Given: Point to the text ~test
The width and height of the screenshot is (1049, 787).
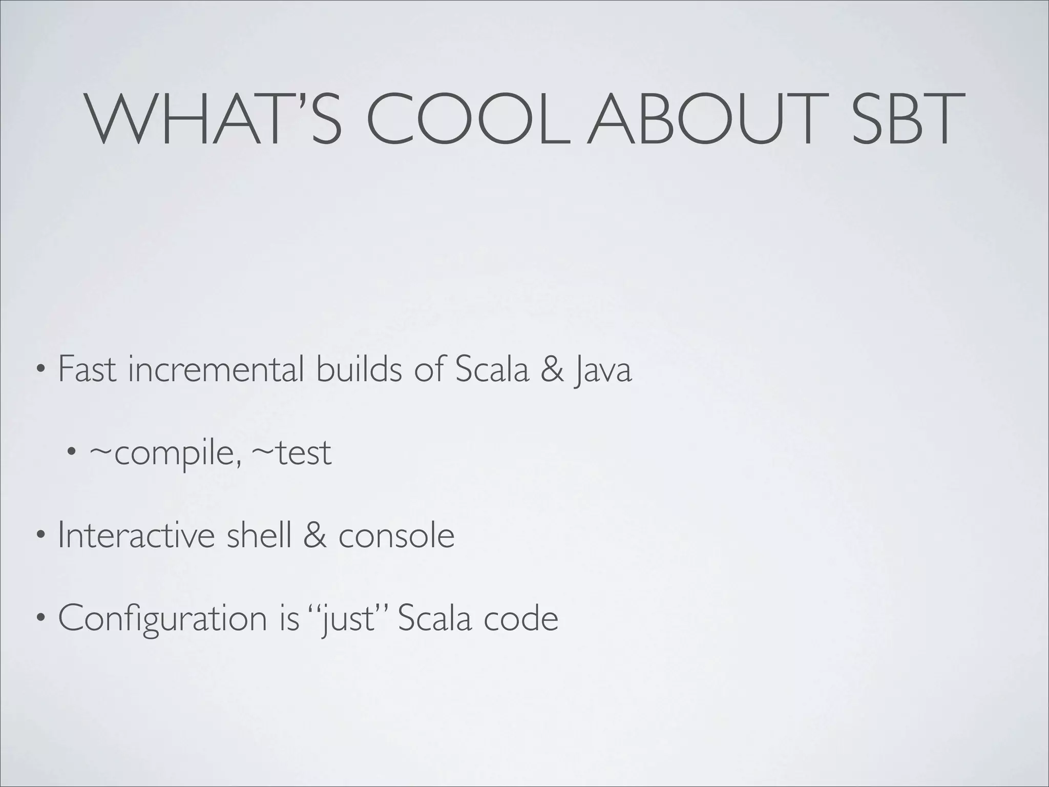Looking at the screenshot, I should click(x=291, y=452).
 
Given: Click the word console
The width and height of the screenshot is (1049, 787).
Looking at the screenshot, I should click(x=396, y=535).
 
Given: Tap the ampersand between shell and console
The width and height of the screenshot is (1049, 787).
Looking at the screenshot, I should click(x=315, y=535).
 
